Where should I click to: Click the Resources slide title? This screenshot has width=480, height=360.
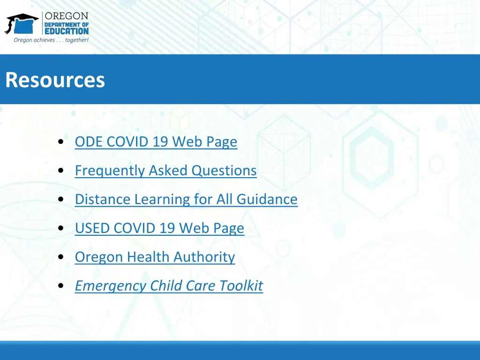pyautogui.click(x=55, y=80)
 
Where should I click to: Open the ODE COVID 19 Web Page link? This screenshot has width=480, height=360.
pyautogui.click(x=156, y=142)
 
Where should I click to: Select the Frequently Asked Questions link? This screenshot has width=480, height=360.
pyautogui.click(x=165, y=170)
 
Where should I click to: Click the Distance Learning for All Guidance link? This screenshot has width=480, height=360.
pyautogui.click(x=186, y=199)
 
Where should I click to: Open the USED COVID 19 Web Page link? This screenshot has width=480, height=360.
pyautogui.click(x=159, y=228)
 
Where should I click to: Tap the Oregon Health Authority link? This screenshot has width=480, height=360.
pyautogui.click(x=155, y=257)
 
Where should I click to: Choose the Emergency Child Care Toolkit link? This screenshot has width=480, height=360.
pyautogui.click(x=169, y=286)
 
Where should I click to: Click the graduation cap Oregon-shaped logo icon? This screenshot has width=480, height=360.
pyautogui.click(x=22, y=23)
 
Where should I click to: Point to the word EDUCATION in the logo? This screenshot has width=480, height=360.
pyautogui.click(x=67, y=31)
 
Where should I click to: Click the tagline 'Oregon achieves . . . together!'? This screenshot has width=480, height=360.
pyautogui.click(x=51, y=40)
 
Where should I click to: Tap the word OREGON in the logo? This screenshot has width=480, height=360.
pyautogui.click(x=67, y=16)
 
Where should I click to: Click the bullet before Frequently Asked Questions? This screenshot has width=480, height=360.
pyautogui.click(x=62, y=171)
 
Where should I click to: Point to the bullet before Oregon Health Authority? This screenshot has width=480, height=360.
pyautogui.click(x=62, y=257)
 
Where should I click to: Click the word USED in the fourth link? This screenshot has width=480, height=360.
pyautogui.click(x=92, y=228)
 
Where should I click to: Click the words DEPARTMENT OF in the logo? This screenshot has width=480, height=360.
pyautogui.click(x=67, y=24)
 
